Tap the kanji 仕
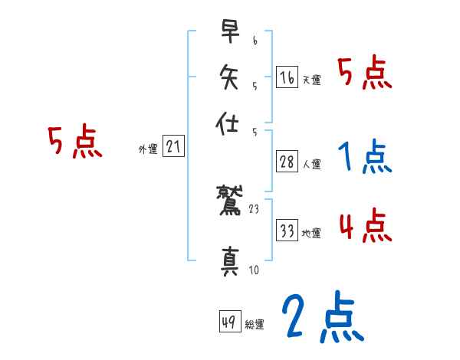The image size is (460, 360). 230,124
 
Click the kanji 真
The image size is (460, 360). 230,261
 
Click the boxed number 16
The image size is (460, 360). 287,77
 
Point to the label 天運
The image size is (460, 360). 311,80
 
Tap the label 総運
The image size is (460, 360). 255,325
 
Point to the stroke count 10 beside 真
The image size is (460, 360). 254,270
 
